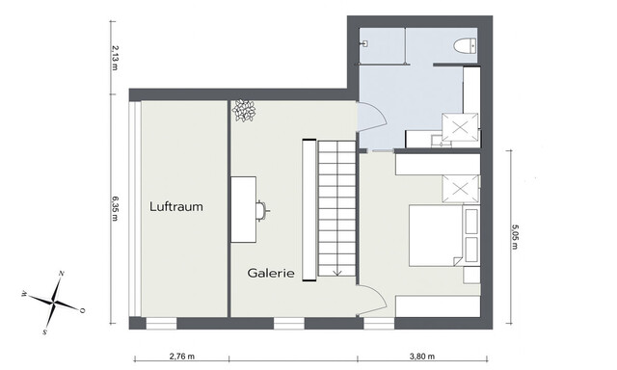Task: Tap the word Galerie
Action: tap(270, 273)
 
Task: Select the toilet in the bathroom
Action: tap(464, 45)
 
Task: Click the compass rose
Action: tap(56, 302)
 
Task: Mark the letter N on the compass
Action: tap(62, 276)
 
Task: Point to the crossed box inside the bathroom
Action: tap(459, 127)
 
